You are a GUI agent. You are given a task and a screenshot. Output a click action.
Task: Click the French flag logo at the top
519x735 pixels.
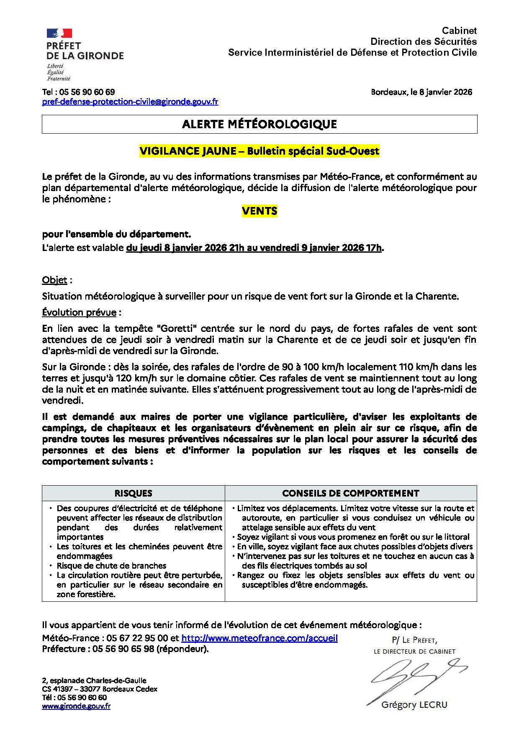(x=59, y=34)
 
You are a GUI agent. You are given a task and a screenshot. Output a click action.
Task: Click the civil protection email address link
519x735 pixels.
(x=130, y=102)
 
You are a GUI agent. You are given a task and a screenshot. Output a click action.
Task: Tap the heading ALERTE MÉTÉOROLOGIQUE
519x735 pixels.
(x=259, y=124)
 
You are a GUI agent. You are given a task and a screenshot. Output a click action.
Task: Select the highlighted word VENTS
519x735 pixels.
(x=259, y=211)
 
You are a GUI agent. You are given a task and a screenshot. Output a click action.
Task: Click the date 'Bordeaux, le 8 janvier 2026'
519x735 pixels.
(x=421, y=92)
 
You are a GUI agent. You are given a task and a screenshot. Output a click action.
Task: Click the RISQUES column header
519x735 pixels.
(x=134, y=493)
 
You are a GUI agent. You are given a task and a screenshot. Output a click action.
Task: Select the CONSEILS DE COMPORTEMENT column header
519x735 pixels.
(x=351, y=493)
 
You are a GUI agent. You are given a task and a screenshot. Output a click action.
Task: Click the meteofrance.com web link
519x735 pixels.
(x=259, y=639)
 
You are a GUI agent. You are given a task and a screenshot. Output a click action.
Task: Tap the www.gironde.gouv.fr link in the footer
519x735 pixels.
(x=76, y=707)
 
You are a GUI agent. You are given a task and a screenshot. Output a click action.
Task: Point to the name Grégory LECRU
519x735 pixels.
(x=414, y=705)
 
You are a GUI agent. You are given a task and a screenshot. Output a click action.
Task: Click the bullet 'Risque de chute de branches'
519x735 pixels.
(x=111, y=566)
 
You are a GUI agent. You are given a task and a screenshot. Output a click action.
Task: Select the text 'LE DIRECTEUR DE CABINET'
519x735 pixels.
(x=414, y=652)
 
